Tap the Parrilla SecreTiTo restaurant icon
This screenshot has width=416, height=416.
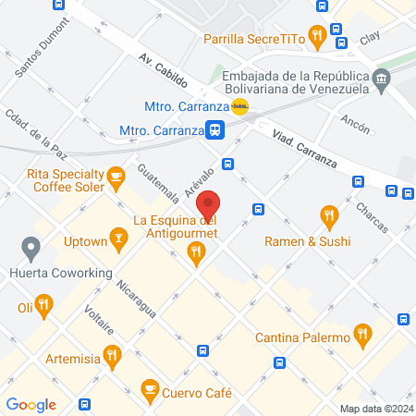(317, 37)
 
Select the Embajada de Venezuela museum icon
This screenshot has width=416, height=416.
(380, 83)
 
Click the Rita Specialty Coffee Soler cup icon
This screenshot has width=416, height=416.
(116, 175)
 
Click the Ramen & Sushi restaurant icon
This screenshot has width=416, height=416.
(328, 217)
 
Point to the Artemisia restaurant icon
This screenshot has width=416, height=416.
(112, 353)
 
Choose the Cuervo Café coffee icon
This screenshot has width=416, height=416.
(149, 391)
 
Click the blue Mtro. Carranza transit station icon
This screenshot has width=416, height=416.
(214, 130)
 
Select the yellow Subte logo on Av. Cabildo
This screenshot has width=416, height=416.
(239, 107)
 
